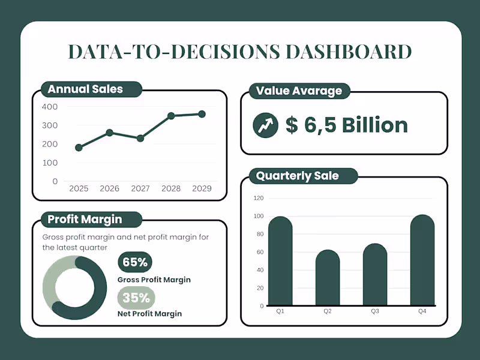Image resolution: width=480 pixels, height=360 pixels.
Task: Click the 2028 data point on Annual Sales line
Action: click(x=171, y=116)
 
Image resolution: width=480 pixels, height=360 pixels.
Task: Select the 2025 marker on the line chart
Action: click(x=79, y=148)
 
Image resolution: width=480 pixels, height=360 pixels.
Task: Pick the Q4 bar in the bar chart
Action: click(x=422, y=260)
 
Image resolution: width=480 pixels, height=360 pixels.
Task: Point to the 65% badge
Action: click(x=135, y=262)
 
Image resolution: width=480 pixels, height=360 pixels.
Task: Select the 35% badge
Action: click(x=135, y=298)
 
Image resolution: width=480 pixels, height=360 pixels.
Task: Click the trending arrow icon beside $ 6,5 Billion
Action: click(x=265, y=125)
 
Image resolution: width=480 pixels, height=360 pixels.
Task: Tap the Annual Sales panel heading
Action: click(x=85, y=89)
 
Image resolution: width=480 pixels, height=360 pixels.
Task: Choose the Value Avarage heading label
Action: click(x=299, y=91)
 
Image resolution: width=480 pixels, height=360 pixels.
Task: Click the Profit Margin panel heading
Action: click(x=85, y=219)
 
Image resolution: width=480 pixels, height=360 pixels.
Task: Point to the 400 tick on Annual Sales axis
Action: click(x=50, y=107)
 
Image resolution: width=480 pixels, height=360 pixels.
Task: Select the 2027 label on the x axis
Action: click(x=140, y=188)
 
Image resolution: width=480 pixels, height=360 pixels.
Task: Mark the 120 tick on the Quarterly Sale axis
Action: click(x=259, y=198)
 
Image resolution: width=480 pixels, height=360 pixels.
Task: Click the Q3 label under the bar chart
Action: click(x=375, y=311)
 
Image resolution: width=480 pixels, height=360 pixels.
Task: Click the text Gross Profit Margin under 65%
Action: click(x=154, y=280)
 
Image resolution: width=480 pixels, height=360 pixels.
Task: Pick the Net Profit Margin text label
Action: click(x=149, y=313)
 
